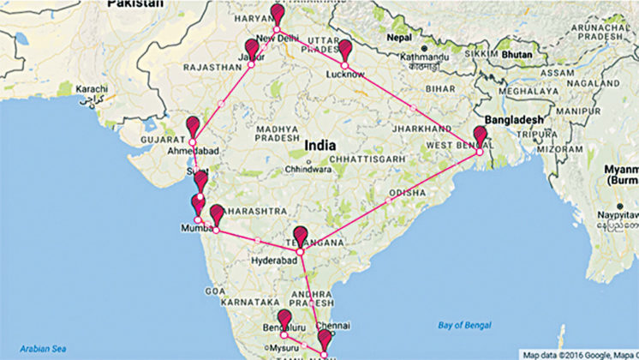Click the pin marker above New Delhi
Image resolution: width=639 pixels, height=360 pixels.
[x=277, y=15]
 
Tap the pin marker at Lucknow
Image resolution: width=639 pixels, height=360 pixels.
[x=344, y=51]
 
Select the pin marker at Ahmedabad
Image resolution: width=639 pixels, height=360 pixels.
[x=193, y=128]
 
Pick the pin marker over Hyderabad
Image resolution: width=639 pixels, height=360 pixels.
[x=301, y=237]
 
